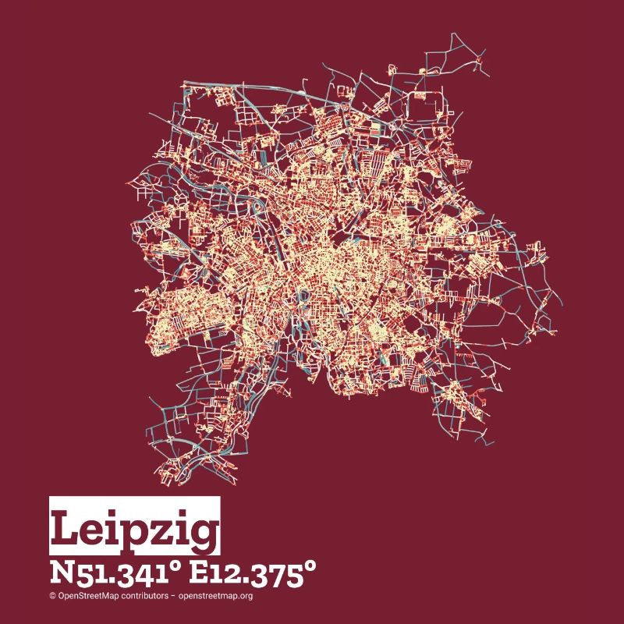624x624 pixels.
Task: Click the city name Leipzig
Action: (134, 530)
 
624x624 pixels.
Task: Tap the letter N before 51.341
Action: (60, 573)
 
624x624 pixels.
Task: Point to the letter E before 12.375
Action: (201, 573)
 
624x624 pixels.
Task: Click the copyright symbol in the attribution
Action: (52, 596)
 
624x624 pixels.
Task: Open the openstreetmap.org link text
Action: (215, 596)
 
